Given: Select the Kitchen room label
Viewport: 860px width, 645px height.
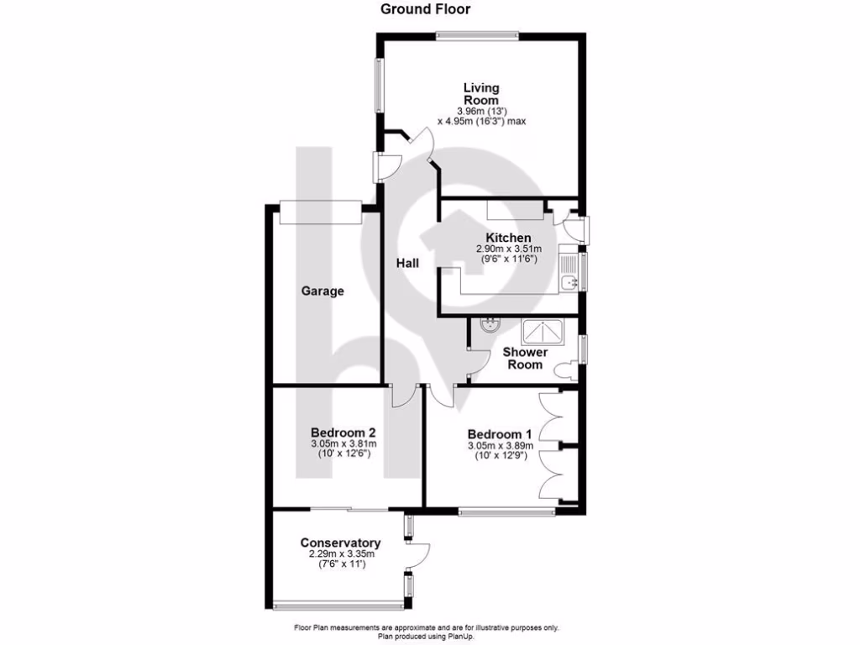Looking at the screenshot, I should [507, 239].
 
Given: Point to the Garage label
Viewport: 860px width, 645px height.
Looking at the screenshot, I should [323, 291].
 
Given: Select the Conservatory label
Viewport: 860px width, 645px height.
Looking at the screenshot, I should [340, 543].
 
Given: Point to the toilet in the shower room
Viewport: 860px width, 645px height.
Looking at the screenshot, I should [573, 368].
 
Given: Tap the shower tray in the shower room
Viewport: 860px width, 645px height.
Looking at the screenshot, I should [544, 333].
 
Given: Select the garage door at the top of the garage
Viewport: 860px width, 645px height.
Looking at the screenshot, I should [320, 213].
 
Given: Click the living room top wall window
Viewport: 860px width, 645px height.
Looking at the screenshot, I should [476, 35].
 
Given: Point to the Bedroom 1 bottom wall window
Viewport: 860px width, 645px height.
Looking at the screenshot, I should [506, 509].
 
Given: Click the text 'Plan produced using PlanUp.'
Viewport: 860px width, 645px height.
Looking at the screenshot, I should [427, 637].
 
